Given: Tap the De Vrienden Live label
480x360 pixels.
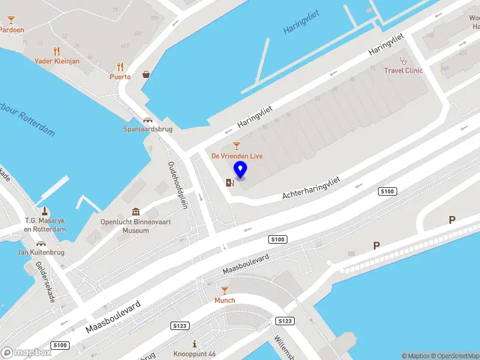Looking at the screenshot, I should pyautogui.click(x=237, y=156).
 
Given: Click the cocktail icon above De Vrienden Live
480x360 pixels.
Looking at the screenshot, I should pyautogui.click(x=236, y=146).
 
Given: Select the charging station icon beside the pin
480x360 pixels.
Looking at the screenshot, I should pyautogui.click(x=229, y=182).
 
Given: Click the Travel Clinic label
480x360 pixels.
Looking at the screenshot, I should pyautogui.click(x=403, y=70).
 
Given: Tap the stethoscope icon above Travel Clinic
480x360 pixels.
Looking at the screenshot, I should pyautogui.click(x=404, y=60).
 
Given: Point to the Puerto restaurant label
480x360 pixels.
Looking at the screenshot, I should pyautogui.click(x=120, y=77).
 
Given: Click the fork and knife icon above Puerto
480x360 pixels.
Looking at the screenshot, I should pyautogui.click(x=120, y=67).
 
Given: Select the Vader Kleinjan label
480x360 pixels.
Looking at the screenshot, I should pyautogui.click(x=57, y=61).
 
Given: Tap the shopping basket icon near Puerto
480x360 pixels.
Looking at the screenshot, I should pyautogui.click(x=146, y=75).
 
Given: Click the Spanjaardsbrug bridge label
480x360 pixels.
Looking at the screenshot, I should pyautogui.click(x=147, y=129).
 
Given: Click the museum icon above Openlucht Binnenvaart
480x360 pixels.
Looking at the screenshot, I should pyautogui.click(x=136, y=212).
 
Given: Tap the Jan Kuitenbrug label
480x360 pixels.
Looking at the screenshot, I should pyautogui.click(x=41, y=253).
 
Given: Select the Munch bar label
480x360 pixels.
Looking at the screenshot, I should pyautogui.click(x=225, y=300).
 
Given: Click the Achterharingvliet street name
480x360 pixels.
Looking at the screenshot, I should pyautogui.click(x=311, y=186).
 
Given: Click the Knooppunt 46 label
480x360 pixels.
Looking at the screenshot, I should pyautogui.click(x=194, y=354).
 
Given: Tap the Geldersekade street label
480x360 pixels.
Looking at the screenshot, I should pyautogui.click(x=46, y=281).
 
